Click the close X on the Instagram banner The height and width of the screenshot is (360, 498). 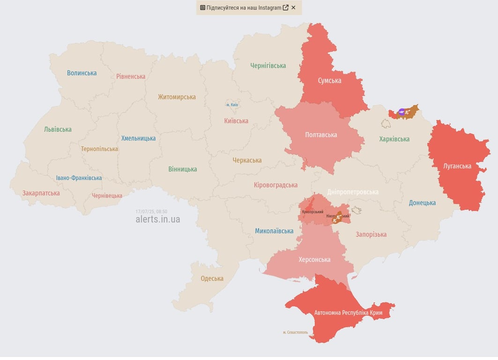pos(293,7)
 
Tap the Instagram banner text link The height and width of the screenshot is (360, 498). pos(244,7)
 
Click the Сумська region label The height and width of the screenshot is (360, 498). pos(329,81)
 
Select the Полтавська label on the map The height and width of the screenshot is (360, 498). pos(321,135)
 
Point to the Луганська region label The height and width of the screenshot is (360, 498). pos(457,166)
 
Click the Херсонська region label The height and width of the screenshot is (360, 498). pos(314,260)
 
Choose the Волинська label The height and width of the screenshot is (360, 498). pos(82,73)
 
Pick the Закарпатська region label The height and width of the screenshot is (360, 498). pos(41,193)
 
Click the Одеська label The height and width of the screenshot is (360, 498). pos(212,278)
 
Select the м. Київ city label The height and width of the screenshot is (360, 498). pos(232,105)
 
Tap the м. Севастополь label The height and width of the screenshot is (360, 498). pos(295,332)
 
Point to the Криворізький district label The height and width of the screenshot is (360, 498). pos(312,212)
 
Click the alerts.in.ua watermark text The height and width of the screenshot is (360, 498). pos(157,219)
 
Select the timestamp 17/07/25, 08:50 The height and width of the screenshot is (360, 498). pos(151,211)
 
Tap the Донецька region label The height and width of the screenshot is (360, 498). pos(422,203)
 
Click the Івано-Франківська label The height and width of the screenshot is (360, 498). pos(79,178)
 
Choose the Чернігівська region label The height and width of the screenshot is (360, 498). pos(268,66)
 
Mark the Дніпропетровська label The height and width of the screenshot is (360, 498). pos(353,192)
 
